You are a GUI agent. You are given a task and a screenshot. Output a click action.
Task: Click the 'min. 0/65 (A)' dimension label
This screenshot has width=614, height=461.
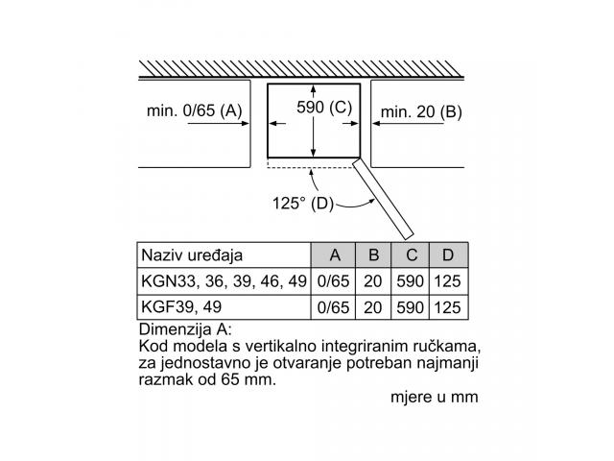(194, 111)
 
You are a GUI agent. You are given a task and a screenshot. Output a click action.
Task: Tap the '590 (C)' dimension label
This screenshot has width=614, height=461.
(324, 107)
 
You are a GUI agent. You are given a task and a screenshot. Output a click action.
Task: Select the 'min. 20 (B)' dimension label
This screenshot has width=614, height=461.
(421, 112)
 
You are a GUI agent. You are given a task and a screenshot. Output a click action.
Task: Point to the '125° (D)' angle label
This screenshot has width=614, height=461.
(303, 203)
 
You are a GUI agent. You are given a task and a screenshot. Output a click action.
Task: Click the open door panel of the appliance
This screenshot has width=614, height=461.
(383, 199)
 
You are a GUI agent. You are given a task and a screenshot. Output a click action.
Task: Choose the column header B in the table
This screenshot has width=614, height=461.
(373, 255)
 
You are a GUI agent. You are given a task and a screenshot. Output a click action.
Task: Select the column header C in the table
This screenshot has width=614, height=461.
(411, 255)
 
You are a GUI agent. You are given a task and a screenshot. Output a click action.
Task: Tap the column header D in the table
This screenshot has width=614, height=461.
(449, 255)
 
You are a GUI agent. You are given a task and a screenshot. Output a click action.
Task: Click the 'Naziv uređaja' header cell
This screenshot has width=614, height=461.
(192, 255)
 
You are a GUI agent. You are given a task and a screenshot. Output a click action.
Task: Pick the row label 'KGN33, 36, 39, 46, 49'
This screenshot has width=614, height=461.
(224, 281)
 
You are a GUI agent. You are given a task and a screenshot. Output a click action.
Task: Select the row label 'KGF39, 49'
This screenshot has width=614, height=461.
(181, 307)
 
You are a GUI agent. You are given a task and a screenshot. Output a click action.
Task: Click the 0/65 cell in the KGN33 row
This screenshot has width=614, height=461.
(333, 281)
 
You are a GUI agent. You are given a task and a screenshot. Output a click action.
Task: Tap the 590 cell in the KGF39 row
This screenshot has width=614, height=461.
(410, 307)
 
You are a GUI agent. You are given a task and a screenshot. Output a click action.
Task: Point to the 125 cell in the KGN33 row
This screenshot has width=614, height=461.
(448, 281)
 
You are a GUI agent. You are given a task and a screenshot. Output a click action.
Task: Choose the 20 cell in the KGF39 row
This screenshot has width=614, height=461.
(372, 307)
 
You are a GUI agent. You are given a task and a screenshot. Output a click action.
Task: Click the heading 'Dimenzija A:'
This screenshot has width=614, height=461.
(185, 329)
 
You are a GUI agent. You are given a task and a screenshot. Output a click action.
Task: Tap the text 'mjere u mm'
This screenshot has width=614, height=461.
(435, 397)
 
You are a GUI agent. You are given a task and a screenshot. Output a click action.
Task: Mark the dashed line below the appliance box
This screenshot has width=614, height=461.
(310, 168)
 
